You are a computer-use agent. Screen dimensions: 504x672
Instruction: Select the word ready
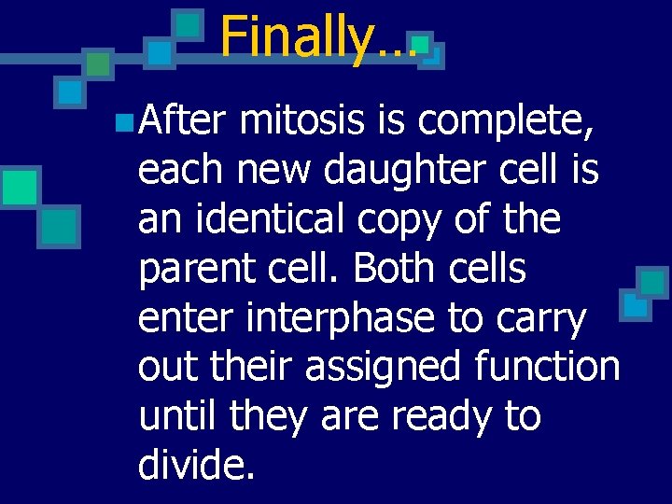[x=446, y=416]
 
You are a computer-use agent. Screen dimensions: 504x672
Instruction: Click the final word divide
[x=196, y=463]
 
